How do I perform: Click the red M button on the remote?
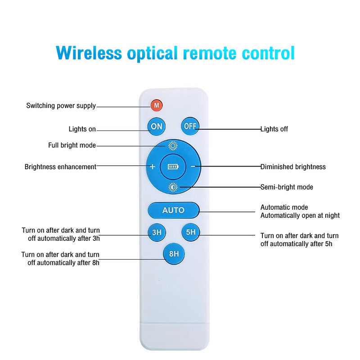(157, 106)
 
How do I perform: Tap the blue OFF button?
(190, 126)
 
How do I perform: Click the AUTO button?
(173, 210)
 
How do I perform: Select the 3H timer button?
(157, 233)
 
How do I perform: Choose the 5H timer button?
(191, 233)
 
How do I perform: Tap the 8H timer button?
(174, 254)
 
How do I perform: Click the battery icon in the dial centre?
(173, 166)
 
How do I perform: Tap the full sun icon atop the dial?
(173, 145)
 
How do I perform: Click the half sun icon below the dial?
(173, 188)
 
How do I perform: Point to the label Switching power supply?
(61, 106)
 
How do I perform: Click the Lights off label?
(274, 129)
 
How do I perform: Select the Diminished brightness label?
(293, 167)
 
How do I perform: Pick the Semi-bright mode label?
(287, 187)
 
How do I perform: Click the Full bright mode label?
(72, 145)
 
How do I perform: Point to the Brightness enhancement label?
(60, 167)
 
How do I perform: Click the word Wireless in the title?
(89, 53)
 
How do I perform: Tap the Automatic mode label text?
(284, 207)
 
